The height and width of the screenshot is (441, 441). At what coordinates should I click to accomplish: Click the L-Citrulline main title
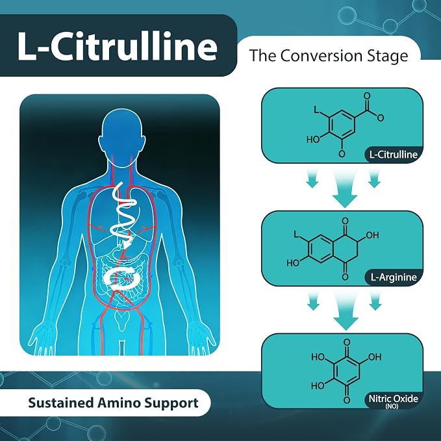(x=118, y=46)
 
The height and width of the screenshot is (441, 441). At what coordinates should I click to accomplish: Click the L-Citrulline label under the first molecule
(x=394, y=155)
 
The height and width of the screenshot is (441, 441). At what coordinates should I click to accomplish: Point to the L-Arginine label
(x=394, y=277)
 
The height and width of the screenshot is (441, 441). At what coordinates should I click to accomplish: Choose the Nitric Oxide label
(x=393, y=399)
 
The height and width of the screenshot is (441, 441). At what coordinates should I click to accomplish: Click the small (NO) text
(x=392, y=407)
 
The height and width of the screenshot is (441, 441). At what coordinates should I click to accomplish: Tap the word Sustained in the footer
(x=60, y=403)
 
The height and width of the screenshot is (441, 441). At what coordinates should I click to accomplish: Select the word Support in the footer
(x=171, y=403)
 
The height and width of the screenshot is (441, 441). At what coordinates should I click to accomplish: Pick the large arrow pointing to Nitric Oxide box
(x=346, y=310)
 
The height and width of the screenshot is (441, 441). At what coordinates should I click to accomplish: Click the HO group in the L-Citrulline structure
(x=313, y=139)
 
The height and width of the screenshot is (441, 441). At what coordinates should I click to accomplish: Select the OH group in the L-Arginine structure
(x=372, y=235)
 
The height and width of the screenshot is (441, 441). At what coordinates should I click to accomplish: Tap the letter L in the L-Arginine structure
(x=296, y=234)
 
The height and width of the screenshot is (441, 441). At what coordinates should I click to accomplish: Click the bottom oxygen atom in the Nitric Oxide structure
(x=347, y=400)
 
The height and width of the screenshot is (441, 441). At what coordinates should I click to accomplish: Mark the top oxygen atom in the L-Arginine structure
(x=345, y=221)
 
